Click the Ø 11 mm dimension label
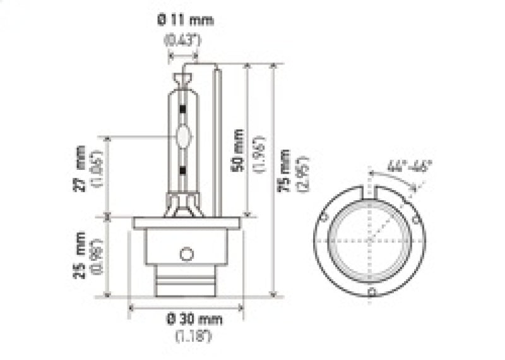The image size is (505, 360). [185, 20]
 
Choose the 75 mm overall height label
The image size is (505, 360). [287, 171]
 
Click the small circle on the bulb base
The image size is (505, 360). [186, 254]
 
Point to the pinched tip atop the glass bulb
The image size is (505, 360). [183, 80]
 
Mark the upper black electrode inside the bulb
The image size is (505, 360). [183, 109]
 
